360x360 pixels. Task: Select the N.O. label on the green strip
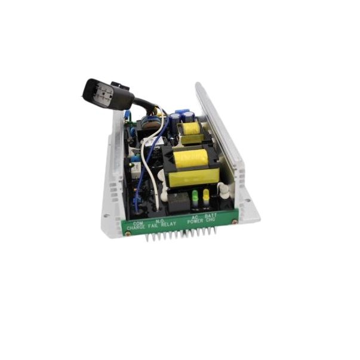[160, 221]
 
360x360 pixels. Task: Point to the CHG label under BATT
[212, 220]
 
